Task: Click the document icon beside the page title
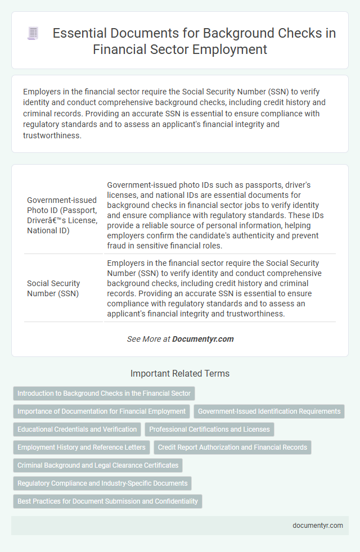point(33,33)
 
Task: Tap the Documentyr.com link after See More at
point(202,339)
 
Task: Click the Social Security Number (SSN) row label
point(53,288)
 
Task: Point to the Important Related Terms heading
point(180,373)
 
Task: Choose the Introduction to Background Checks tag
point(104,393)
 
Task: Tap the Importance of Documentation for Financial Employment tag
point(101,411)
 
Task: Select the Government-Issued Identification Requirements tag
point(269,411)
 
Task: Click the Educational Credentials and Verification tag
point(77,429)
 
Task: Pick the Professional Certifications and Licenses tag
point(209,429)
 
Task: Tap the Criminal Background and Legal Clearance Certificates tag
point(98,465)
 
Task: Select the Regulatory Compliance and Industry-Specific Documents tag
point(102,483)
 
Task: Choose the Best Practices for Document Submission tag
point(107,501)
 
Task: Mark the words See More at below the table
point(148,339)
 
